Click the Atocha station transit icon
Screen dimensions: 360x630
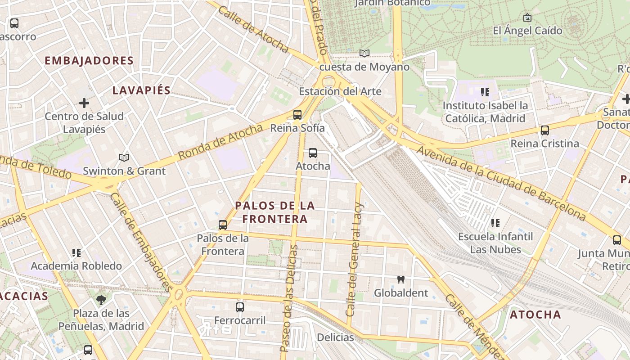[x=313, y=153]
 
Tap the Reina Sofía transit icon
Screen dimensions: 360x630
[x=297, y=114]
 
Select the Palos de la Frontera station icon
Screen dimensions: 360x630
[x=222, y=225]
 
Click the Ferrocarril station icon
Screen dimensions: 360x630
[x=240, y=307]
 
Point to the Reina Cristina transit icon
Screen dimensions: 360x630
[x=545, y=130]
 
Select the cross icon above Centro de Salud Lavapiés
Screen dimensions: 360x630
[x=84, y=103]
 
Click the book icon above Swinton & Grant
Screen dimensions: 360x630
[x=124, y=157]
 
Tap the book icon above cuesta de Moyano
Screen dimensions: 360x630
[x=364, y=54]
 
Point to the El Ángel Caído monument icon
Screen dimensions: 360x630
[x=527, y=18]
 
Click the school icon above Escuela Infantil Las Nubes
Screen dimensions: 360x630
[x=495, y=223]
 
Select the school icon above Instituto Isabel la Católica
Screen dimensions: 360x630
[x=485, y=92]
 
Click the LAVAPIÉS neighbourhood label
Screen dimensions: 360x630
[x=141, y=90]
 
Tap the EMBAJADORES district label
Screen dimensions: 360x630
[x=89, y=61]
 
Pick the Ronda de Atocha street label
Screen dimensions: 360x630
[x=220, y=142]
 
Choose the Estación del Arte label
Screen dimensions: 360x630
[x=340, y=91]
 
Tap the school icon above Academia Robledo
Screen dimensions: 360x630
[x=76, y=253]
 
